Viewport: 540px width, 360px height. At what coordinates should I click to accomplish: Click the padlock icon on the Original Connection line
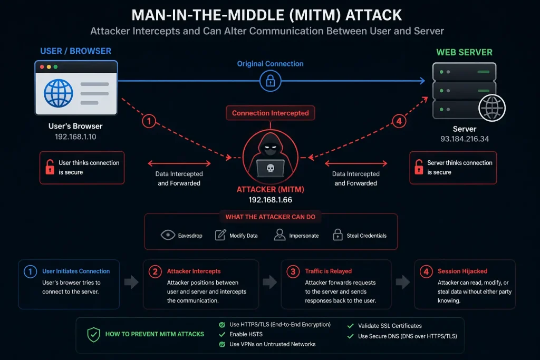click(x=271, y=81)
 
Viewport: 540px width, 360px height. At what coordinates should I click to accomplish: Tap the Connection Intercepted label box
click(x=271, y=113)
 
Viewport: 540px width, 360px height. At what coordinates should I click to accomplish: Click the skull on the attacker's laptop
click(x=271, y=168)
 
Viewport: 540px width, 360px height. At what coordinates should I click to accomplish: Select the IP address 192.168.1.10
click(x=75, y=137)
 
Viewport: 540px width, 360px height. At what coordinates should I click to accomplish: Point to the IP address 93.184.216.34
click(x=465, y=139)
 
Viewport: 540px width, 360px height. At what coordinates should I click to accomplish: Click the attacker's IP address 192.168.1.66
click(x=271, y=200)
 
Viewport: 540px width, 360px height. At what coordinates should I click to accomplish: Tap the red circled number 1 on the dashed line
click(x=149, y=121)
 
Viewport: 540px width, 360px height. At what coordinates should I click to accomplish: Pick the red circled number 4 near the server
click(x=399, y=121)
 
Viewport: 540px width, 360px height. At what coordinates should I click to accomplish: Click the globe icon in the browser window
click(x=58, y=93)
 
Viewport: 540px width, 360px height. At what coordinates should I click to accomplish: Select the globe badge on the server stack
click(x=492, y=108)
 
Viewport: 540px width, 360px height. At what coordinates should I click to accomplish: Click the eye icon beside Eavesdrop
click(x=168, y=235)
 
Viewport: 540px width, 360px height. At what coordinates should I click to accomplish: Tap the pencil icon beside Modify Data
click(x=220, y=235)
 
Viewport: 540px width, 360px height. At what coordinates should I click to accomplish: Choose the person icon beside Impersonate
click(x=279, y=235)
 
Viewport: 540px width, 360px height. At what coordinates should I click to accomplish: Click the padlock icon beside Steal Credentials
click(x=338, y=235)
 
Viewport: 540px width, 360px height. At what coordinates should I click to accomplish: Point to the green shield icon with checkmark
click(x=93, y=335)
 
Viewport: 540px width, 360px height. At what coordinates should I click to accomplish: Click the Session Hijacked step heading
click(x=462, y=271)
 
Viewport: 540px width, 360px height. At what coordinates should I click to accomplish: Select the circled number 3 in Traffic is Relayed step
click(x=293, y=272)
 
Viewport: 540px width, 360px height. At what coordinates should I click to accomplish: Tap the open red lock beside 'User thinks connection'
click(x=50, y=167)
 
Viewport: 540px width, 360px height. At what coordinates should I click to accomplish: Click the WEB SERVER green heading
click(x=464, y=52)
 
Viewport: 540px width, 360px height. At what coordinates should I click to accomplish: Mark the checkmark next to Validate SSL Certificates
click(x=351, y=326)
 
